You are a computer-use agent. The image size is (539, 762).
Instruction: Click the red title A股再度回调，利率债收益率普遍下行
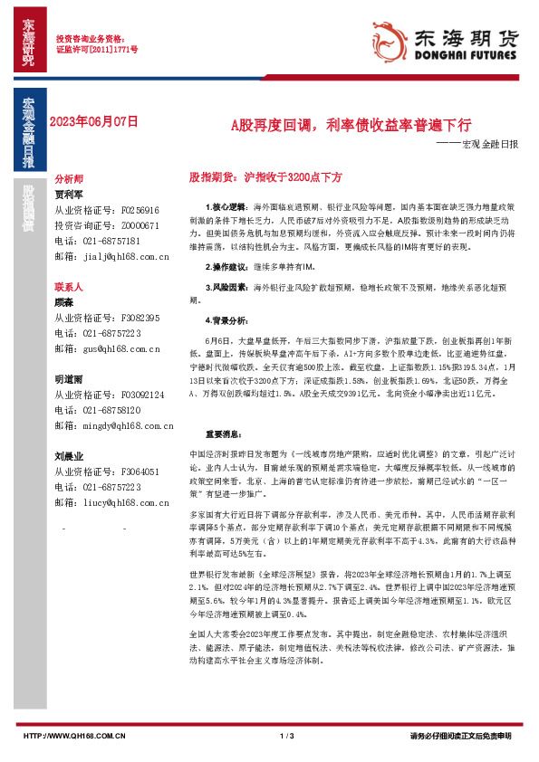point(350,125)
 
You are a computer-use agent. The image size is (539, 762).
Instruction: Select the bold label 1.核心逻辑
point(214,207)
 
